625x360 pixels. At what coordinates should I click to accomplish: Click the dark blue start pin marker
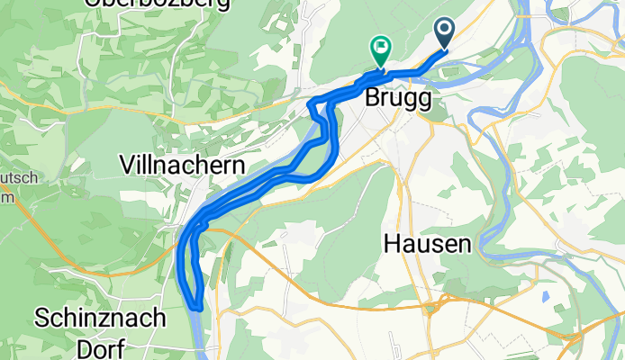pos(447,33)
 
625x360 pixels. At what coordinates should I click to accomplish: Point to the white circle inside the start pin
pos(447,30)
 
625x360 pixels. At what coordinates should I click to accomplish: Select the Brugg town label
pos(397,101)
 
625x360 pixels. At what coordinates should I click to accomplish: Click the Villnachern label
pos(183,165)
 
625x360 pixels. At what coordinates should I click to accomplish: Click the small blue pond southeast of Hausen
pos(545,294)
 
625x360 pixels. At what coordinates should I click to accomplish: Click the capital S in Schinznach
pos(41,318)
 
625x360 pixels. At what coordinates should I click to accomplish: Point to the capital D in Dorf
pos(69,347)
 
